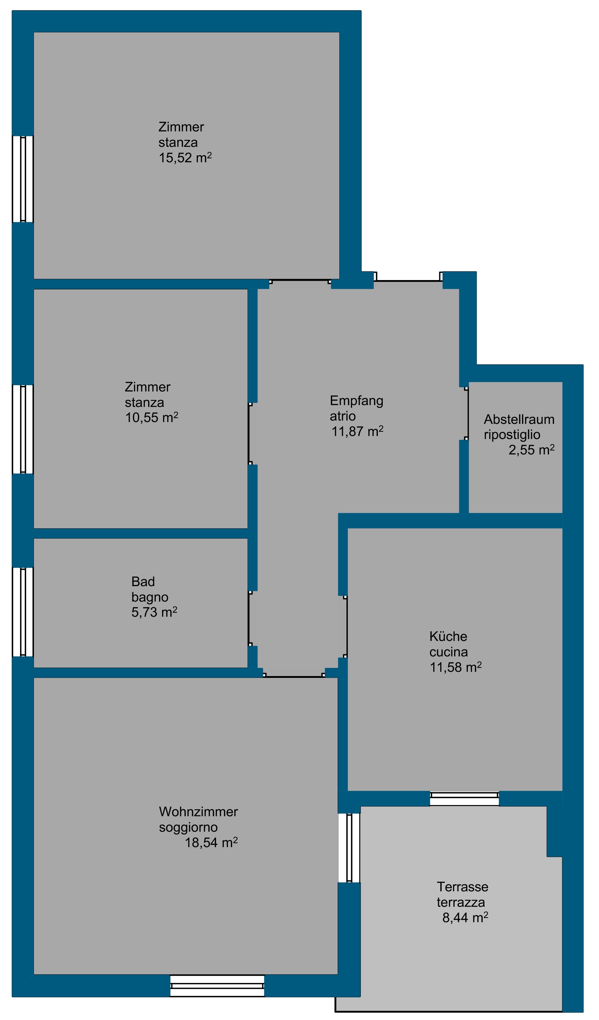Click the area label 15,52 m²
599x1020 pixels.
[185, 157]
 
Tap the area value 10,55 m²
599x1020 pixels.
[151, 417]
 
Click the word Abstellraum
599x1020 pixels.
[519, 419]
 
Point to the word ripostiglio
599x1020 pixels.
[512, 435]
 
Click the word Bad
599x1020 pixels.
[143, 582]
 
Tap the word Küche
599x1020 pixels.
[448, 636]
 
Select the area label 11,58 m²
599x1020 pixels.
[456, 667]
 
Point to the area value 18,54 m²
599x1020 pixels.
[211, 842]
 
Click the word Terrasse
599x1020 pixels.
[463, 887]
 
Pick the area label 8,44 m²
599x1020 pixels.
[465, 918]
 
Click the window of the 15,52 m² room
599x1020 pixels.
[23, 179]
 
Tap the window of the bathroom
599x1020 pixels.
[23, 612]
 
